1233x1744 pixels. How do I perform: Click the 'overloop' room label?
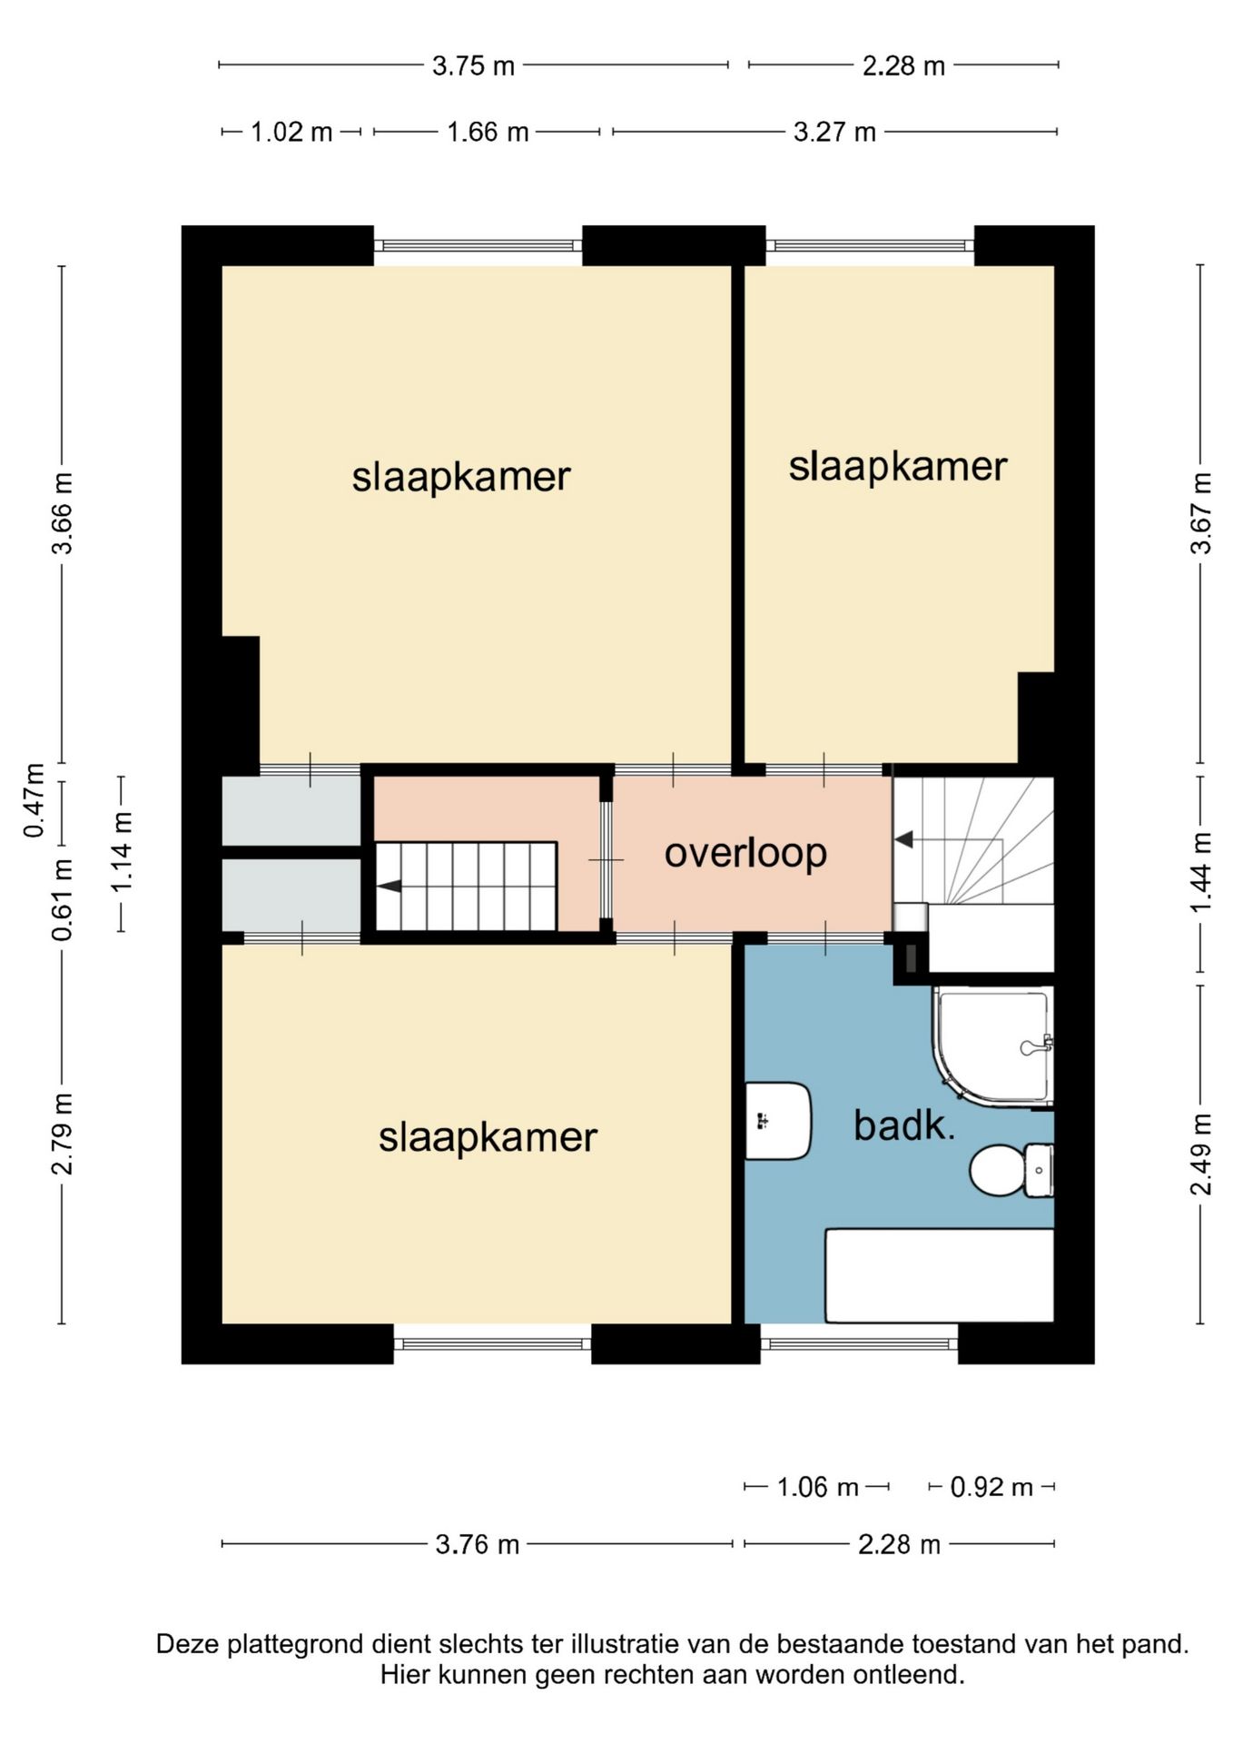coord(745,854)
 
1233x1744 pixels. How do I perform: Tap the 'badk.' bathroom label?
coord(904,1126)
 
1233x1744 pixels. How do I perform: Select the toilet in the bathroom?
coord(1011,1171)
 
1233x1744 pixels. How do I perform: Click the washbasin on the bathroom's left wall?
coord(778,1121)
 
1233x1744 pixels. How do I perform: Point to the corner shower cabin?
coord(994,1047)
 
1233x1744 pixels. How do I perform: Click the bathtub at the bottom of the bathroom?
coord(940,1275)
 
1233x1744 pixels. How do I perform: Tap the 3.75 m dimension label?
coord(473,66)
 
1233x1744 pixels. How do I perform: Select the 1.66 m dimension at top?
coord(488,133)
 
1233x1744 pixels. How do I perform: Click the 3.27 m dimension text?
coord(834,133)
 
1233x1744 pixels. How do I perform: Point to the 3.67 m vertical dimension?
coord(1201,513)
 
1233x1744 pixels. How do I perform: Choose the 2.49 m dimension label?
coord(1201,1154)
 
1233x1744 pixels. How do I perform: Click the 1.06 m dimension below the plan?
coord(817,1487)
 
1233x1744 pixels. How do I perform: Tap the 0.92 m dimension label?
coord(991,1487)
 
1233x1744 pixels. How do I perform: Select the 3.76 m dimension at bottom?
coord(477,1544)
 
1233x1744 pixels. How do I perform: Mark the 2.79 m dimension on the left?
coord(62,1134)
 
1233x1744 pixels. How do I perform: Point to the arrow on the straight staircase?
coord(389,887)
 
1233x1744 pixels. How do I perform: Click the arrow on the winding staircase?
coord(903,840)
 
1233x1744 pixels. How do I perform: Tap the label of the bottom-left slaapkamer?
coord(488,1138)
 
